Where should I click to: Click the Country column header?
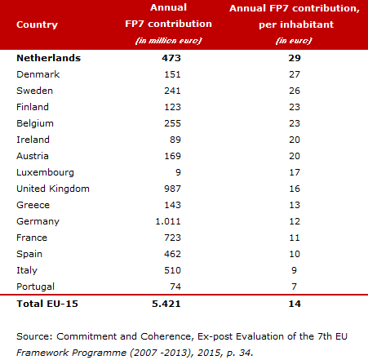[x=37, y=24]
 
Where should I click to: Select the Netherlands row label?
[x=49, y=58]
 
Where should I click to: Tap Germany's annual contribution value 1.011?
[x=168, y=221]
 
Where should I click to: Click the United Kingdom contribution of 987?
[x=172, y=189]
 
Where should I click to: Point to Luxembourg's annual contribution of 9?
[x=178, y=172]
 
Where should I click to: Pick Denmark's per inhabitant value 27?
[x=295, y=74]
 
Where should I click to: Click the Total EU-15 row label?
[x=47, y=304]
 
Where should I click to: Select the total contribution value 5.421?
[x=166, y=304]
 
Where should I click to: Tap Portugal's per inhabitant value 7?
[x=294, y=287]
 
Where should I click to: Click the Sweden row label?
[x=34, y=91]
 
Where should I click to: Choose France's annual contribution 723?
[x=172, y=238]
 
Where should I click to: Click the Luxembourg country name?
[x=45, y=172]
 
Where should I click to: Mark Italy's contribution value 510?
[x=172, y=270]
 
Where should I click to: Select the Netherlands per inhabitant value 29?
[x=295, y=58]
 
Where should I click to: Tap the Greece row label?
[x=33, y=205]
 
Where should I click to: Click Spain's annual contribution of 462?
[x=172, y=254]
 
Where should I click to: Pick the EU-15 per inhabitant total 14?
[x=295, y=304]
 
